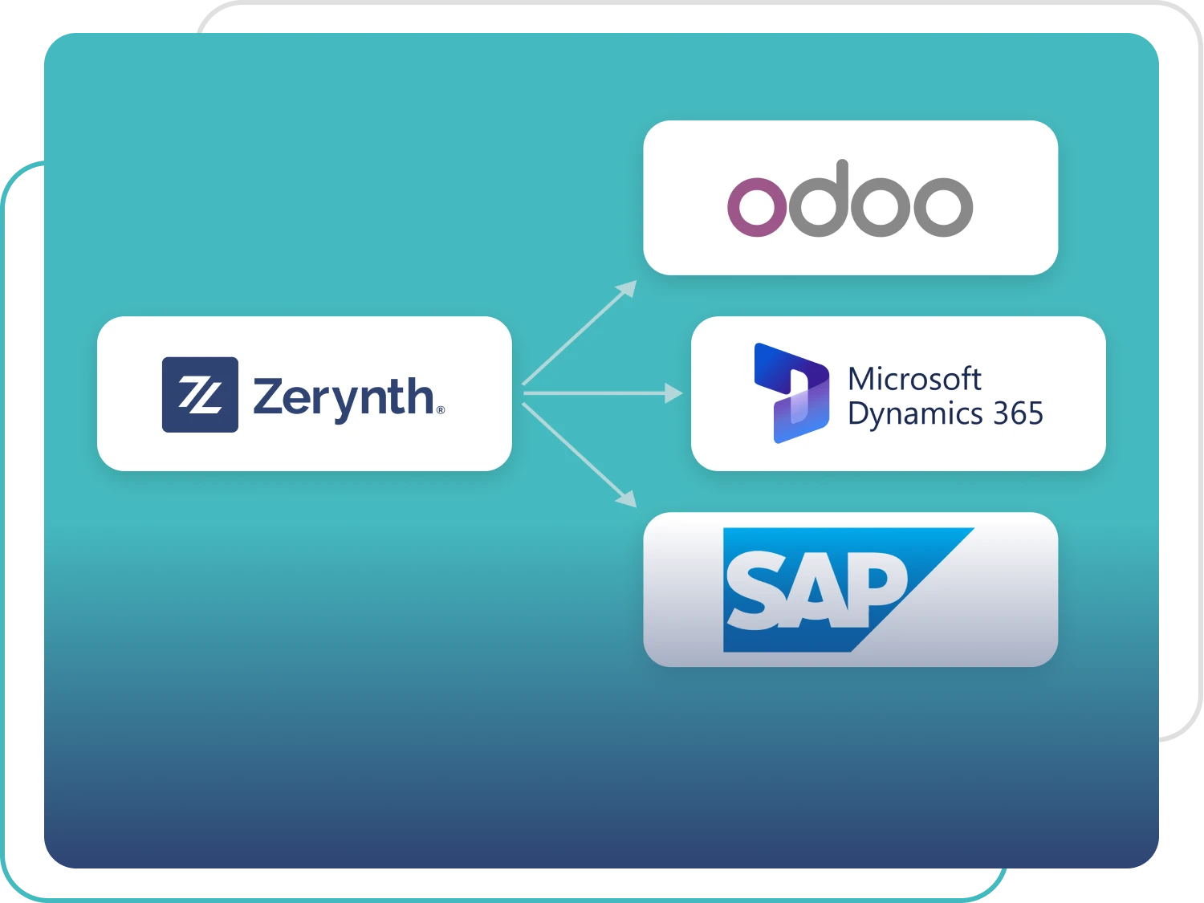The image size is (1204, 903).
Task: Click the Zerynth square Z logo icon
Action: [x=200, y=395]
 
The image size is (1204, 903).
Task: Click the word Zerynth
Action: [x=344, y=397]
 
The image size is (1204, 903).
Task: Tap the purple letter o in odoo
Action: [x=757, y=206]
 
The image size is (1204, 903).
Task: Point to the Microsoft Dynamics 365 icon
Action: [x=791, y=393]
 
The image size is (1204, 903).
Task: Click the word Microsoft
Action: [x=914, y=378]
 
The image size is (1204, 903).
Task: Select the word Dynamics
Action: [x=915, y=414]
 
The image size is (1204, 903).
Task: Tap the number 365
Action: [x=1018, y=413]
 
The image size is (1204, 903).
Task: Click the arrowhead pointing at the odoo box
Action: [x=628, y=288]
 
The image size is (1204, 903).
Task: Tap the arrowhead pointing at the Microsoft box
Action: [x=674, y=393]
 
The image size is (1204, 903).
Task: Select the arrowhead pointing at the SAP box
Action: [x=627, y=498]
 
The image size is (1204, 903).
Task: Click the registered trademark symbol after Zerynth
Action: [x=440, y=410]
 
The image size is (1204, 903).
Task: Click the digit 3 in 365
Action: [x=1000, y=413]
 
